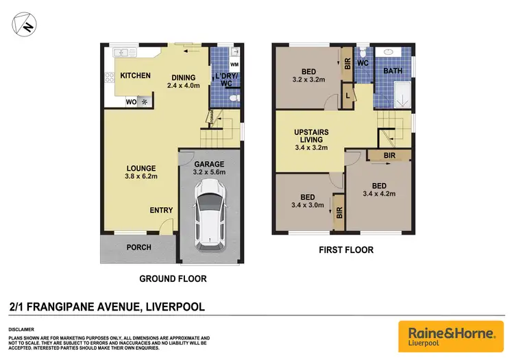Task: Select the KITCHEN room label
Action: tap(135, 75)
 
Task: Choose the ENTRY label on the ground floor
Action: tap(161, 210)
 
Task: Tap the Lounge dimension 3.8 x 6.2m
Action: tap(140, 176)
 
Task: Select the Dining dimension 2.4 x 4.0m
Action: tap(182, 86)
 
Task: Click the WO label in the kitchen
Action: tap(130, 102)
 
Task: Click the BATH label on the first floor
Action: tap(393, 70)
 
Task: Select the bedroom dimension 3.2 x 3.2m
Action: tap(307, 79)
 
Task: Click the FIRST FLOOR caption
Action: tap(346, 250)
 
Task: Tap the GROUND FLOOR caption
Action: tap(172, 279)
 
